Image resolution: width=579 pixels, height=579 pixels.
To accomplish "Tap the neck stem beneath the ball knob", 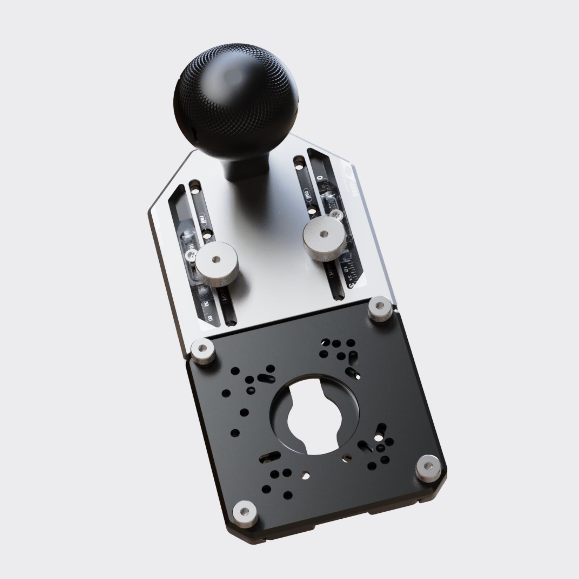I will coord(241,168).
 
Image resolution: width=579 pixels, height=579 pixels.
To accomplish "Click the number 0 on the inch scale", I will coord(319,178).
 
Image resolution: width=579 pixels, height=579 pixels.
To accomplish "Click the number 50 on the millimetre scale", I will coord(206,304).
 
